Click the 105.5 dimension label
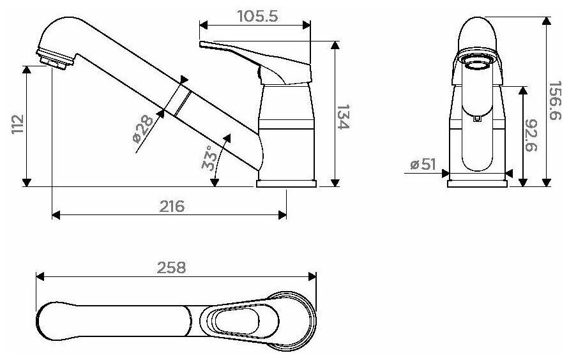[x=257, y=16]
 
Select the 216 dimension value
[x=172, y=206]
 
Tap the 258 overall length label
[x=171, y=267]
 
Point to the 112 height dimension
[x=17, y=124]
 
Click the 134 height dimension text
[x=344, y=117]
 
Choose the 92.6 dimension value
[x=531, y=135]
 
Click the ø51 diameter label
[x=423, y=164]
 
